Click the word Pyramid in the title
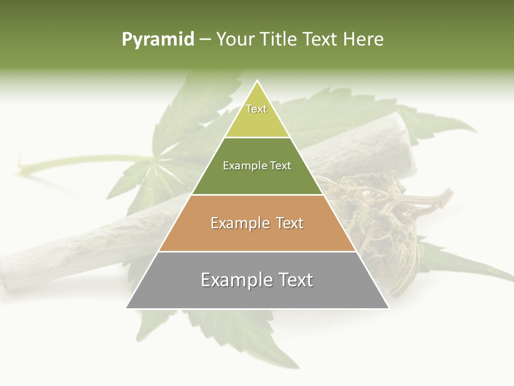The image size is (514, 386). (158, 40)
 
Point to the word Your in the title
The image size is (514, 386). (235, 40)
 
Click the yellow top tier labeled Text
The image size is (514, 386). (257, 115)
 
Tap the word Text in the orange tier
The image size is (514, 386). (287, 223)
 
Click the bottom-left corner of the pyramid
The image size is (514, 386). (126, 308)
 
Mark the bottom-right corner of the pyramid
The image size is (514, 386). (389, 308)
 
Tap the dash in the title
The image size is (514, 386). (205, 40)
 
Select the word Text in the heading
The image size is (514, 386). (321, 40)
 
